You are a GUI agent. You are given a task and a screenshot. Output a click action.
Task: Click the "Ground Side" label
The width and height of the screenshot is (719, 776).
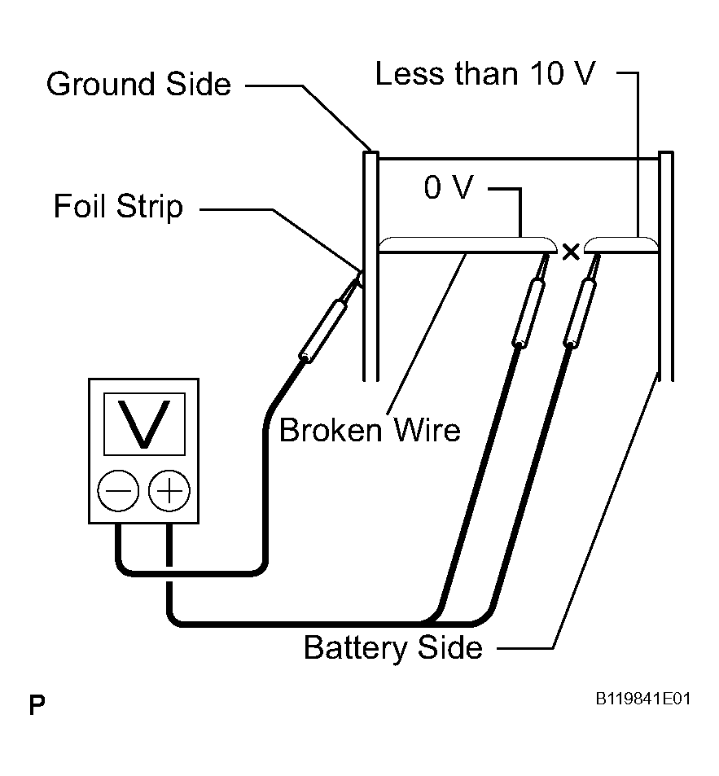(x=138, y=84)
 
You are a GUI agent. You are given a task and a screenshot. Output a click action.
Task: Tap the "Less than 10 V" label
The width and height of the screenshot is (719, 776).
(x=485, y=74)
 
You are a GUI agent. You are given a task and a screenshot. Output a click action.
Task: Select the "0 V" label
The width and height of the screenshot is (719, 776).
(x=448, y=188)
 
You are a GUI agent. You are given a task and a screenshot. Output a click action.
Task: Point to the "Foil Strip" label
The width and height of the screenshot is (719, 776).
(x=118, y=206)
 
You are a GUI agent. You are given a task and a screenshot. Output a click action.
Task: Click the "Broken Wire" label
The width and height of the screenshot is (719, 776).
(x=370, y=429)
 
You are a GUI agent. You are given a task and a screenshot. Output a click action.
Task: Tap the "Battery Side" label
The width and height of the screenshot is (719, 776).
(x=392, y=648)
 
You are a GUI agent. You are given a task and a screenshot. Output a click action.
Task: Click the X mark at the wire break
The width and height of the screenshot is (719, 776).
(x=571, y=252)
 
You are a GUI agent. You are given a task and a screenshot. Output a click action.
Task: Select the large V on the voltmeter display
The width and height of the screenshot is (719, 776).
(x=144, y=423)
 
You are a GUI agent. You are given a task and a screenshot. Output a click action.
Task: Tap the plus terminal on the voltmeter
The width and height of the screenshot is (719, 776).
(x=169, y=491)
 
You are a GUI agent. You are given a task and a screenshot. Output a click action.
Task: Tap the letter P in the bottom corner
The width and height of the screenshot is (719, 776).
(x=37, y=704)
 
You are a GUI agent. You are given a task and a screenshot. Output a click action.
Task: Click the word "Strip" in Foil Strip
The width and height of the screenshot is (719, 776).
(x=151, y=208)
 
